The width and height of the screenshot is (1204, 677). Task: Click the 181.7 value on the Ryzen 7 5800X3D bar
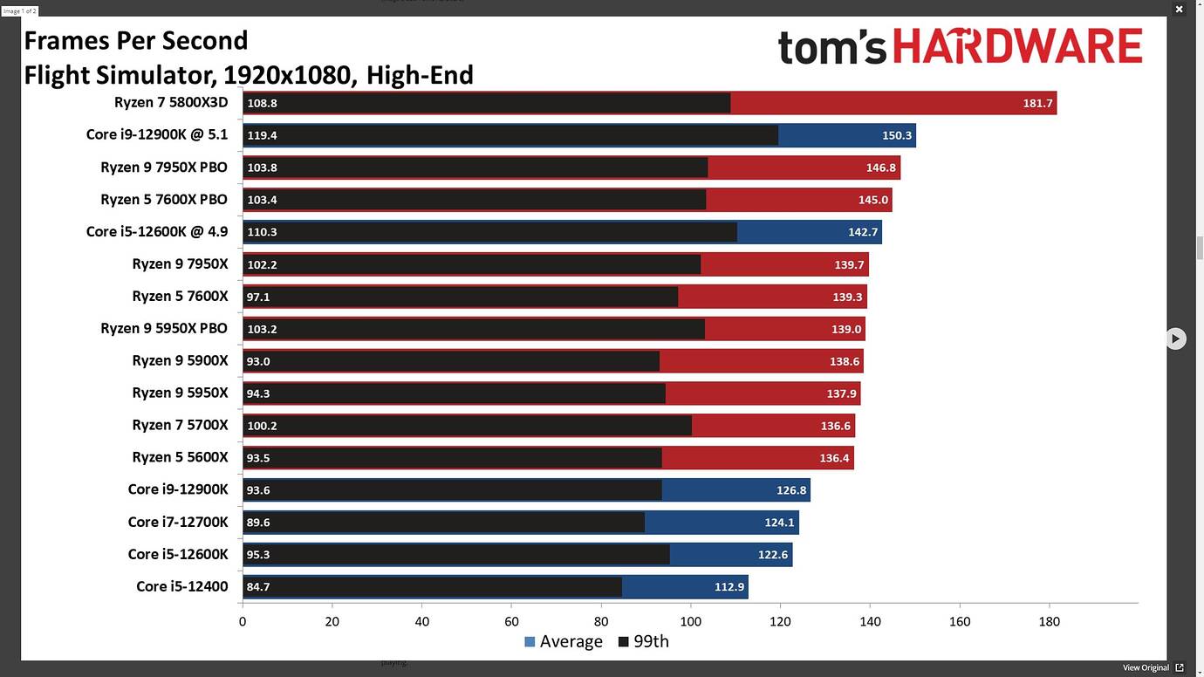pyautogui.click(x=1037, y=103)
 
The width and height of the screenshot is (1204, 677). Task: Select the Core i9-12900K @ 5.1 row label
pyautogui.click(x=157, y=135)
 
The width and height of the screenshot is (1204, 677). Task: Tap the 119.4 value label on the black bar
pyautogui.click(x=262, y=136)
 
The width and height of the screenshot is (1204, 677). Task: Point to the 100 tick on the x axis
pyautogui.click(x=690, y=622)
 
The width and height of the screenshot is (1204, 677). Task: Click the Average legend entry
pyautogui.click(x=563, y=642)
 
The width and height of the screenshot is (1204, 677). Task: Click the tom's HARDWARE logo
pyautogui.click(x=960, y=47)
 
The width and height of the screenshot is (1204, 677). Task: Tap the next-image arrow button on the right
pyautogui.click(x=1176, y=338)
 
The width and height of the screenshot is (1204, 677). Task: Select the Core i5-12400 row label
pyautogui.click(x=182, y=586)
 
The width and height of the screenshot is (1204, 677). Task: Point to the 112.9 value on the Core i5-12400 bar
pyautogui.click(x=729, y=587)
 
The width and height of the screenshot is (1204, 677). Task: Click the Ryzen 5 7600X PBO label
pyautogui.click(x=164, y=200)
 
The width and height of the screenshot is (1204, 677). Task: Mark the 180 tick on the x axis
pyautogui.click(x=1049, y=622)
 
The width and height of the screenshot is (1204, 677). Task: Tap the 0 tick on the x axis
pyautogui.click(x=243, y=622)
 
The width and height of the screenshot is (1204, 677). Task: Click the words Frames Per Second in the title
pyautogui.click(x=136, y=41)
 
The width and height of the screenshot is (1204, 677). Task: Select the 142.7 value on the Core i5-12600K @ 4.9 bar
pyautogui.click(x=863, y=232)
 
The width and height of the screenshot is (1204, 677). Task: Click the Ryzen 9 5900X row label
pyautogui.click(x=180, y=360)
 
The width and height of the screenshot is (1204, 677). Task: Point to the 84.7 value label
pyautogui.click(x=258, y=587)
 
